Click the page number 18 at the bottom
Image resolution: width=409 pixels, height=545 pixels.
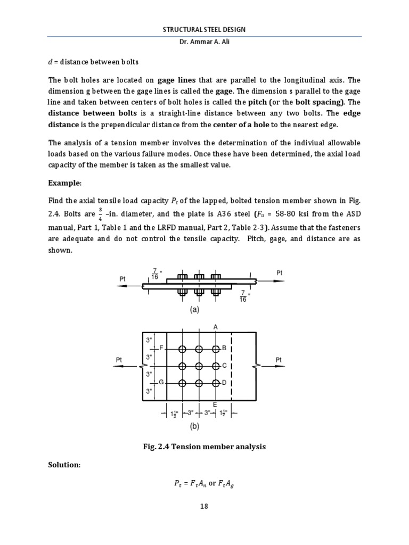click(x=204, y=506)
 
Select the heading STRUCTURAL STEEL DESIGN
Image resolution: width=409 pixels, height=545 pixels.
click(x=204, y=29)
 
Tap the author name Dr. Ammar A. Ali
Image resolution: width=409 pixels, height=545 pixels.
click(x=204, y=43)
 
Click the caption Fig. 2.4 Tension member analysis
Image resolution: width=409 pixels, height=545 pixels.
click(x=204, y=447)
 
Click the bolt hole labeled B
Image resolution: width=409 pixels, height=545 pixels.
click(x=216, y=349)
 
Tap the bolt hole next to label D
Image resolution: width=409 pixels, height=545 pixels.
click(x=216, y=383)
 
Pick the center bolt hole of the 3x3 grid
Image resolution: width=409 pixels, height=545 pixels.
click(x=199, y=366)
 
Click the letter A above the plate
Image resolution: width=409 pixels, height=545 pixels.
click(x=216, y=326)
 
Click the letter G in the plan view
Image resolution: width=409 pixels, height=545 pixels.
click(x=161, y=383)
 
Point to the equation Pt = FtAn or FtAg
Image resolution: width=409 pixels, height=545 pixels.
click(x=204, y=484)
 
